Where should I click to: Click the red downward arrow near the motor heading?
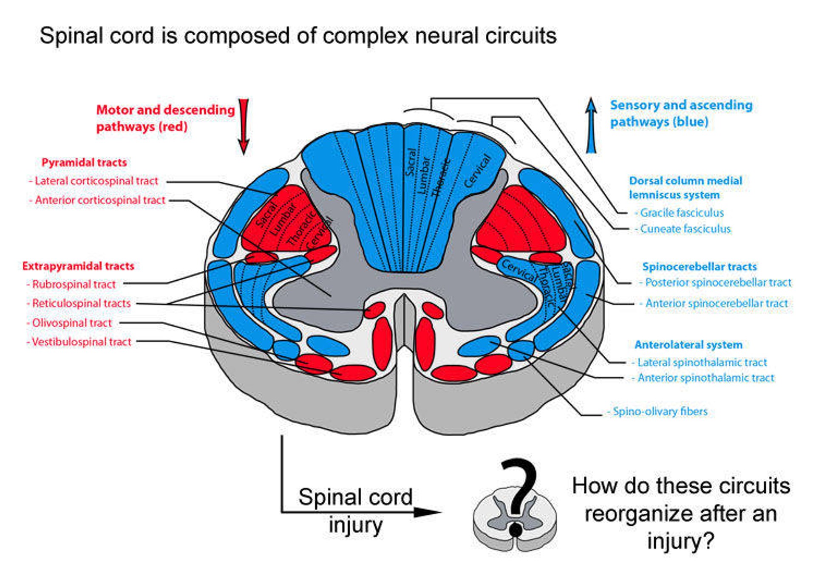[244, 126]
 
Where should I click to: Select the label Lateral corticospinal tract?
[96, 181]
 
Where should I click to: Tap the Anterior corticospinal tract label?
[99, 200]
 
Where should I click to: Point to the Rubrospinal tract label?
[74, 284]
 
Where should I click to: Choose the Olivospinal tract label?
[71, 323]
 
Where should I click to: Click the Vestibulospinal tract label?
[81, 342]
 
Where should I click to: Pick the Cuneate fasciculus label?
[685, 229]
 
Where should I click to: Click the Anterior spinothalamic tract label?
[705, 378]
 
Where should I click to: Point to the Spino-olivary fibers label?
[660, 412]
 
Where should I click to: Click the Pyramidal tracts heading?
[84, 163]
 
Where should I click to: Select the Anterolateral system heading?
[688, 345]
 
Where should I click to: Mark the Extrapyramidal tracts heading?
[78, 266]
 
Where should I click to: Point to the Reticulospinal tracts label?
[81, 303]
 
